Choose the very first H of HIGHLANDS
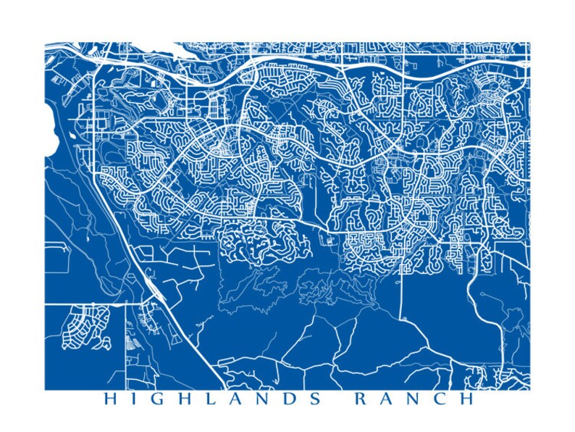(x=109, y=399)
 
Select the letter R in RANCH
(x=360, y=399)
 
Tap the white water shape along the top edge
(x=182, y=51)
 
